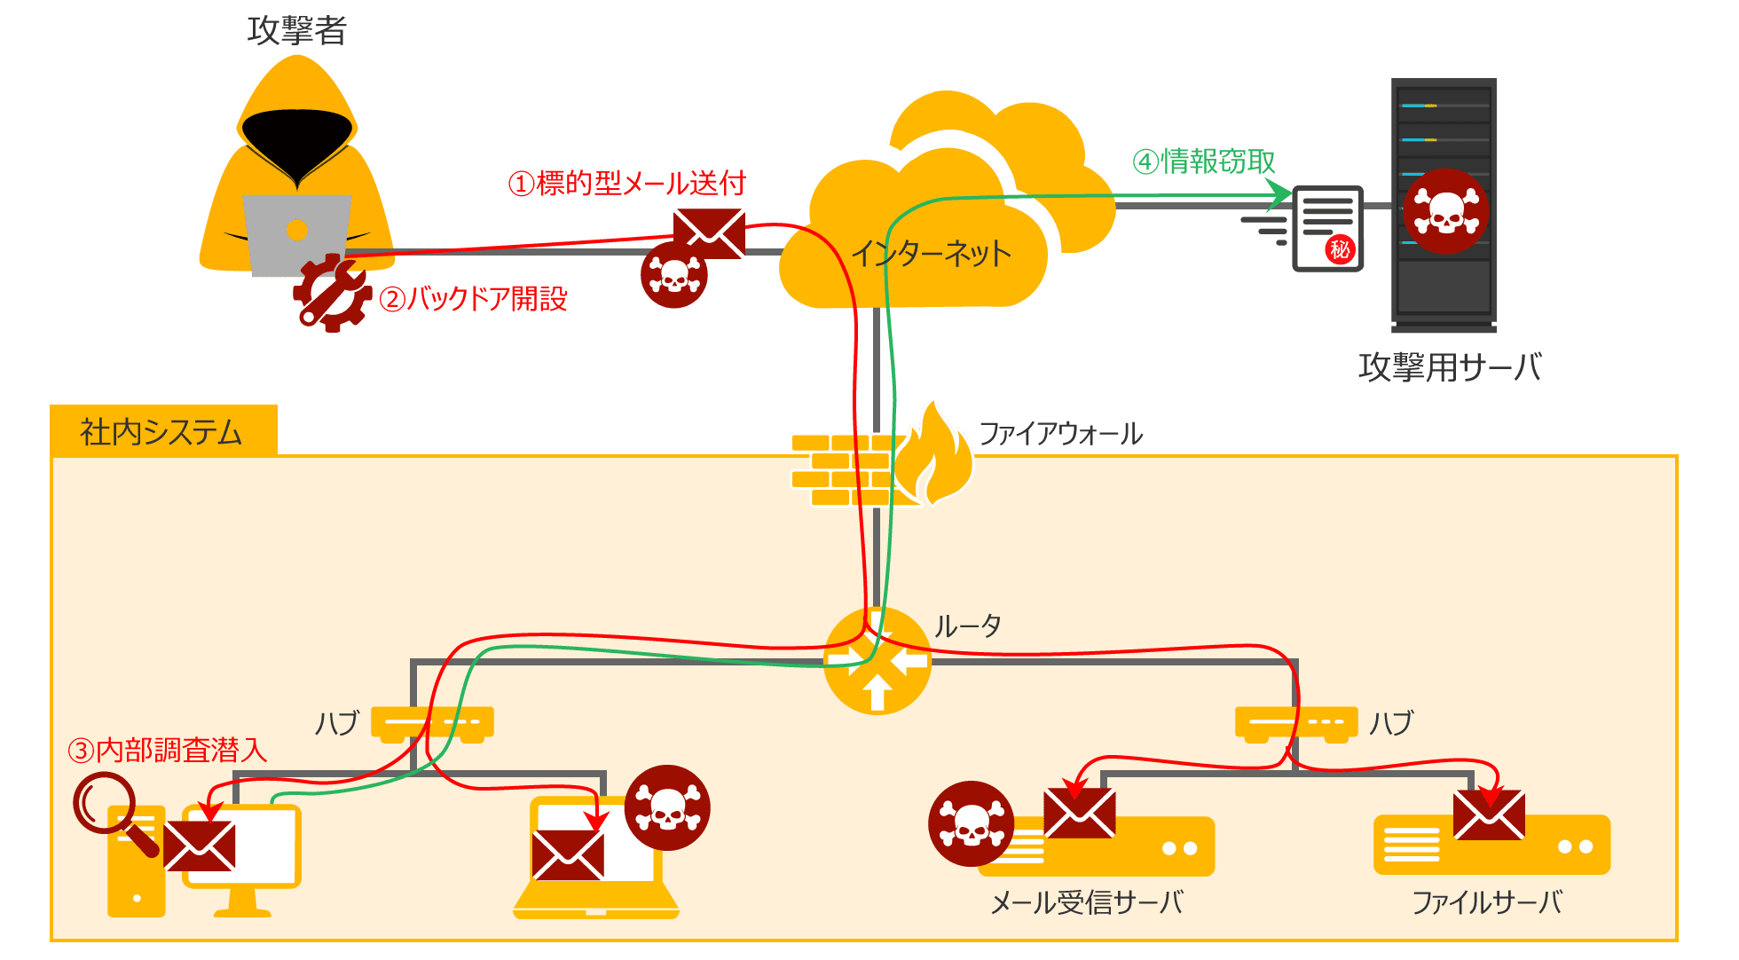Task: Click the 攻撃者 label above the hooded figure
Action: click(296, 31)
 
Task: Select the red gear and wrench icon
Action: click(332, 293)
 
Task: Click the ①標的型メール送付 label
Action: click(626, 184)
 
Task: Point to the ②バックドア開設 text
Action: click(473, 299)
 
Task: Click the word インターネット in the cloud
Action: click(931, 254)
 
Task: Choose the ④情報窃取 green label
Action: click(1203, 161)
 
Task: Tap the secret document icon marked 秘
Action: click(1327, 228)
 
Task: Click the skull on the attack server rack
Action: click(1445, 211)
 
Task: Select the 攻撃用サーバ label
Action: click(1450, 367)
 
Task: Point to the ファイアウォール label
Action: click(1060, 434)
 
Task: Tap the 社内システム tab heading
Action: click(161, 432)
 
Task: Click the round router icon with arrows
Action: click(877, 662)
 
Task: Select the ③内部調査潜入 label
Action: click(168, 751)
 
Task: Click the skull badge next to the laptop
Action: click(667, 807)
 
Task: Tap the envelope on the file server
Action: click(1489, 814)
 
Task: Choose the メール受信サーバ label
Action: click(1087, 903)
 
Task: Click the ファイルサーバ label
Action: click(1487, 903)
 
